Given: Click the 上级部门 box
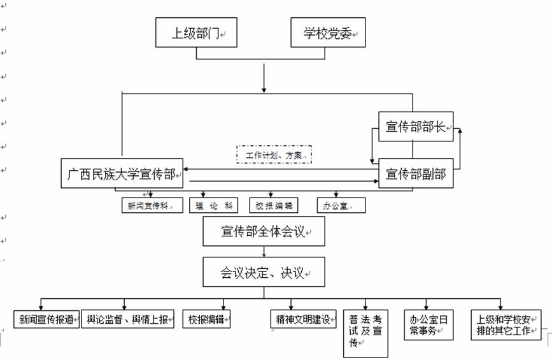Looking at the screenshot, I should (x=196, y=32).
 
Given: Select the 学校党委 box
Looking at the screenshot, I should (x=329, y=32).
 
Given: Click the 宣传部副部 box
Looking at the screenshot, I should (x=415, y=173).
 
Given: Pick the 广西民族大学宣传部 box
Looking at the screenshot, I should (x=122, y=173).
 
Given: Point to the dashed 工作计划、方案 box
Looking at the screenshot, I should (x=274, y=154).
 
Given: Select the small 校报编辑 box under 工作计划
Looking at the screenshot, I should (x=274, y=205).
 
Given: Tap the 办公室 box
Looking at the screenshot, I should (x=342, y=205).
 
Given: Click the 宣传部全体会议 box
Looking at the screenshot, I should (x=264, y=231).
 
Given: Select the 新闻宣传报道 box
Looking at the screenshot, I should (x=48, y=319).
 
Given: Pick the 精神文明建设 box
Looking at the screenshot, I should (x=302, y=319).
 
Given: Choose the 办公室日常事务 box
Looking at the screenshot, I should (x=428, y=324).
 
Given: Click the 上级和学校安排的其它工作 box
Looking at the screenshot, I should (x=506, y=324).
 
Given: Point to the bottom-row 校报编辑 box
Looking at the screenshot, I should (x=206, y=319).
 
